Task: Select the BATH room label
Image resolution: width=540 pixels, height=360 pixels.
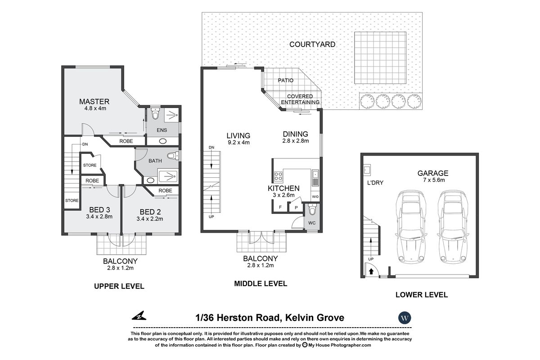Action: pos(155,160)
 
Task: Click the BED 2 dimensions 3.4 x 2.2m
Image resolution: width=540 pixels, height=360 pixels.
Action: pos(149,219)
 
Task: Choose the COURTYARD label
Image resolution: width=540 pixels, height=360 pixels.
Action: pos(312,44)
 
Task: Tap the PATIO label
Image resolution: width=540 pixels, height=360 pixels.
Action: pos(285,81)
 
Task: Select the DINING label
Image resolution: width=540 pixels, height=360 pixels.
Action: pos(295,134)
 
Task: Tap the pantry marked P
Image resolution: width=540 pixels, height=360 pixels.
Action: pos(296,207)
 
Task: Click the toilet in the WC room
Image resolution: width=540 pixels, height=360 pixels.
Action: pos(313,210)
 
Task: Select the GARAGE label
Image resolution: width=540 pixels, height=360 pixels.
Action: pos(432,173)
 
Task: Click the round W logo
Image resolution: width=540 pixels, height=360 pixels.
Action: pos(405,318)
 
